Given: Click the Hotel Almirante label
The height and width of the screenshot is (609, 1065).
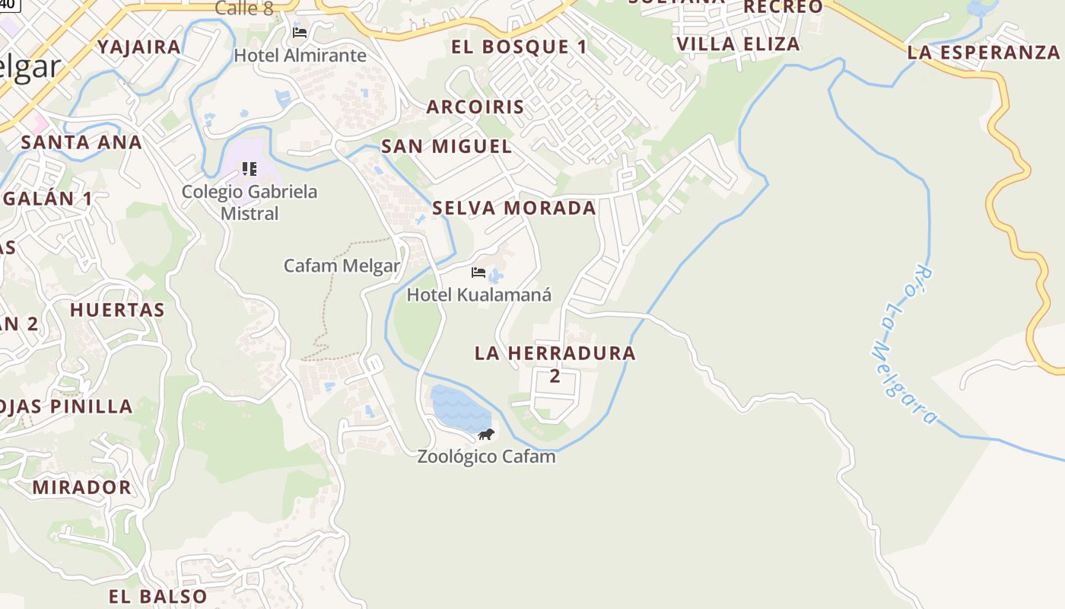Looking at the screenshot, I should coord(300,56).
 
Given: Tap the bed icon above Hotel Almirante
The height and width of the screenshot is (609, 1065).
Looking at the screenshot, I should coord(300,32).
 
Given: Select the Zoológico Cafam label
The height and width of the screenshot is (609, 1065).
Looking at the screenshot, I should coord(486,457).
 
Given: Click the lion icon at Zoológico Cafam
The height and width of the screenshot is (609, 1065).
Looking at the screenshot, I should coord(486,434).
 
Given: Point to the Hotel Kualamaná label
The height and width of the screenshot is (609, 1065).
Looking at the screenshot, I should coord(479,295).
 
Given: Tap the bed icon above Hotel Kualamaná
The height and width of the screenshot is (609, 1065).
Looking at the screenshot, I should coord(478,272).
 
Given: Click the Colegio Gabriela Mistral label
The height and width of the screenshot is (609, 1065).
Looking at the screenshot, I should coord(250,202).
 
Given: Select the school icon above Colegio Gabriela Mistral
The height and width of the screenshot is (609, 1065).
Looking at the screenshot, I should coord(250,168).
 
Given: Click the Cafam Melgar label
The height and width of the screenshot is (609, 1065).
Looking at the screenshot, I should coord(342,266).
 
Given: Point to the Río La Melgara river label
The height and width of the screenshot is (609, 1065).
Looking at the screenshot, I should coord(903,345).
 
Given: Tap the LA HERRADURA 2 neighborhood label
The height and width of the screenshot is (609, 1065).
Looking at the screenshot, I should coord(555,363).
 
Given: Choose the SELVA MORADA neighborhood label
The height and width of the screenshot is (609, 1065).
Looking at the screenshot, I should coord(514,208).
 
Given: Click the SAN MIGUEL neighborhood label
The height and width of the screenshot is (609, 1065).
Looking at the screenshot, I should coord(447,146).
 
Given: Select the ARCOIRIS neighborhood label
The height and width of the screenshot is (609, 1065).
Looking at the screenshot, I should coord(475,107).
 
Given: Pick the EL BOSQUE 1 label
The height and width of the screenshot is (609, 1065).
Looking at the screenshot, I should coord(520,47).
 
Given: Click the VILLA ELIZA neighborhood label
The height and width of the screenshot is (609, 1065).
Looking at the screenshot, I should coord(738,44).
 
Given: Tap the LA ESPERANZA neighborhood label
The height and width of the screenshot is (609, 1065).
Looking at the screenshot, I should coord(984,53).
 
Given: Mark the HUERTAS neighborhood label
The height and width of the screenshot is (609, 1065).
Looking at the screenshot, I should coord(117,310).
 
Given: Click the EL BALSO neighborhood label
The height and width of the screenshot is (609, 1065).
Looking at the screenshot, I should coord(157,596).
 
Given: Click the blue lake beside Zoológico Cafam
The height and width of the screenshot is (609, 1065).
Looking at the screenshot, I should coord(458,410).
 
